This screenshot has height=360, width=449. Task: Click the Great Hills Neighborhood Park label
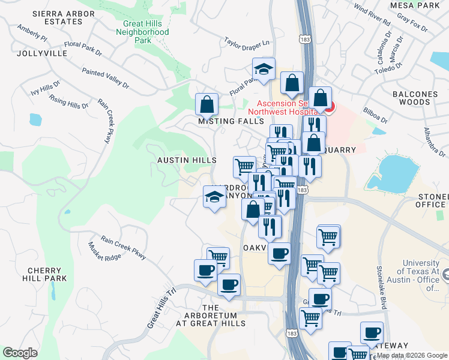point(143,32)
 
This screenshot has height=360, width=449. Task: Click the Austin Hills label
point(187,160)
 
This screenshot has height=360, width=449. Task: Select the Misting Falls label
point(231,121)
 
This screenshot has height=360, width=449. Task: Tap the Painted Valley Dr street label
point(106,78)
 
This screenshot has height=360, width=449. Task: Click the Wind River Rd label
point(372,15)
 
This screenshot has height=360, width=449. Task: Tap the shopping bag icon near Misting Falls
point(206,104)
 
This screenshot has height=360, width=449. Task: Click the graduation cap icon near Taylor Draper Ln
point(264,69)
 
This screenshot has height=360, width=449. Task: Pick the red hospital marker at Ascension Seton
point(328,108)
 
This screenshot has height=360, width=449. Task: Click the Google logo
point(20,353)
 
